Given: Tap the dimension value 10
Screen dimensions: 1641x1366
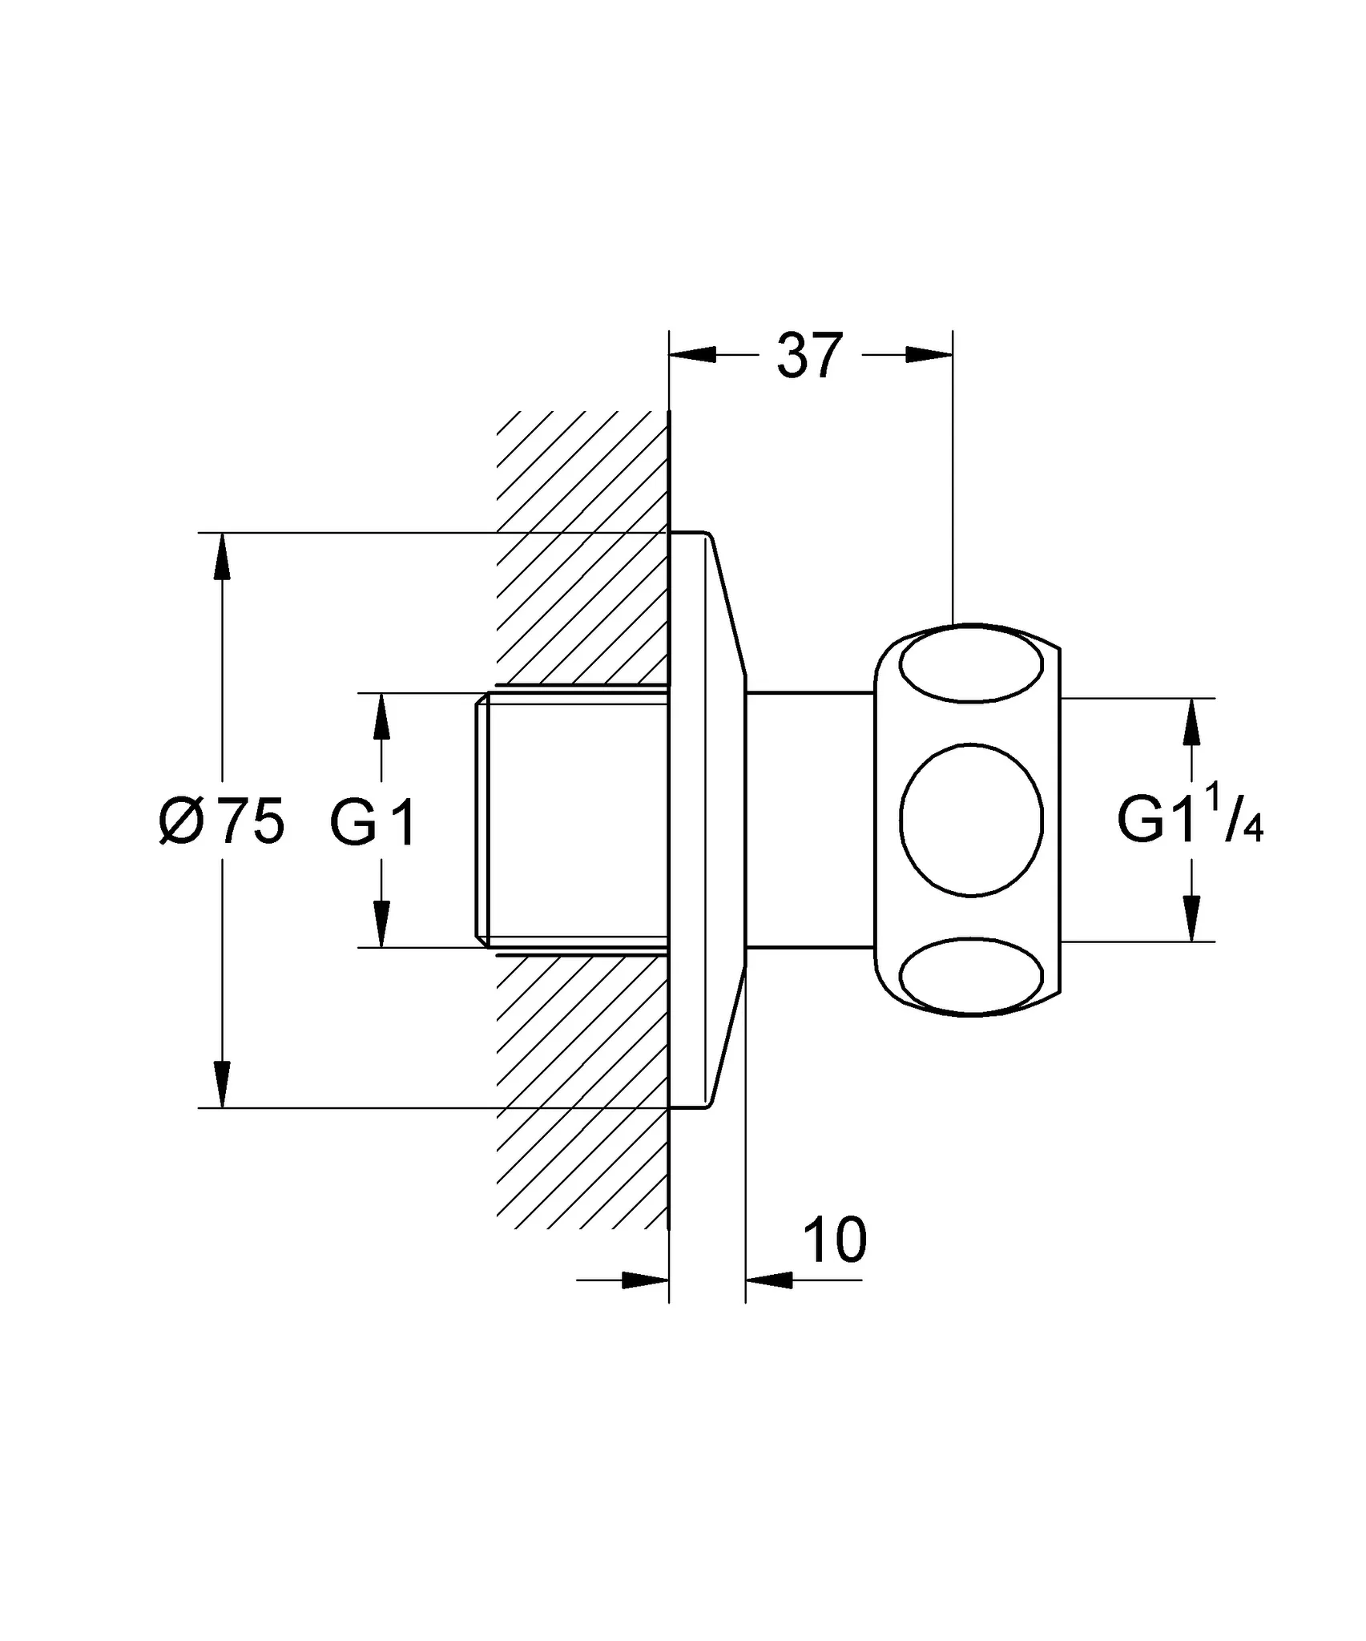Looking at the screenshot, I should (x=834, y=1240).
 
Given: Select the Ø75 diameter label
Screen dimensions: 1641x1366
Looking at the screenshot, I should (x=222, y=821).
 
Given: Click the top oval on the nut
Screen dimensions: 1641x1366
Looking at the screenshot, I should (x=971, y=665).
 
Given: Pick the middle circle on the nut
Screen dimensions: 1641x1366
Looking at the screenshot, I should (x=971, y=820).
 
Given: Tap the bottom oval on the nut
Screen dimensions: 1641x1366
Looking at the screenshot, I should (x=971, y=976).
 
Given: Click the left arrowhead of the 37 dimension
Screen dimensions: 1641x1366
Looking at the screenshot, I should (x=692, y=354).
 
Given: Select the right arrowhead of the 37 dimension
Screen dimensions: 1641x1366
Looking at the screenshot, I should (x=930, y=354).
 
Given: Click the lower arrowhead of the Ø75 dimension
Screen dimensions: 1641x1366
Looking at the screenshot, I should (x=222, y=1084).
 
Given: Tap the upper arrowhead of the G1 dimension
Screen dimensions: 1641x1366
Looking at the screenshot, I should (x=381, y=716).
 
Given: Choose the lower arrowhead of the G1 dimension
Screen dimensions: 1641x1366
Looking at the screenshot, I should (x=381, y=924).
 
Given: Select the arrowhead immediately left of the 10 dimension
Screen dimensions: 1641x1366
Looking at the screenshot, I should (x=646, y=1280).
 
